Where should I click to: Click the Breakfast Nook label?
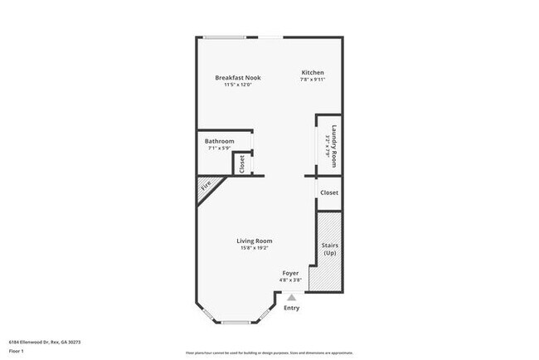(238, 77)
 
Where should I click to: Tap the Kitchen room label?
(312, 73)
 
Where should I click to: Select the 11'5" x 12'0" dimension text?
(238, 85)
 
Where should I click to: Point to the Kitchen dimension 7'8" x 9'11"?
(312, 80)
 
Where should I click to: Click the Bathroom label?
(220, 141)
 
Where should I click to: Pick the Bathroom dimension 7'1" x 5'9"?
(220, 148)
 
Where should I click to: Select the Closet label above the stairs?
(329, 192)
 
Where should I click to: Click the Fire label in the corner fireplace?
(205, 189)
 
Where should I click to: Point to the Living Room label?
(255, 241)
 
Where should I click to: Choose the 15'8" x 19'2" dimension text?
(255, 248)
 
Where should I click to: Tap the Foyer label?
(290, 273)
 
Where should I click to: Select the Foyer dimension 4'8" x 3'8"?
(290, 280)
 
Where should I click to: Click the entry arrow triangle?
(290, 296)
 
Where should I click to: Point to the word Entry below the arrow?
(292, 308)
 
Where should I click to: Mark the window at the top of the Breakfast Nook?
(224, 36)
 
